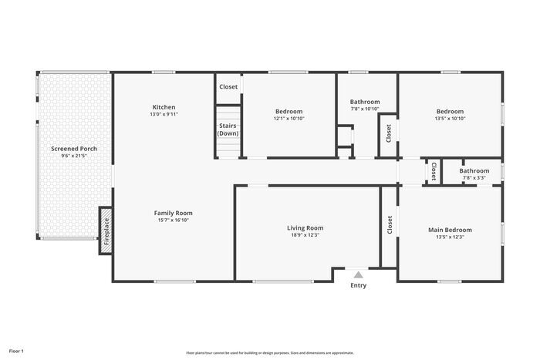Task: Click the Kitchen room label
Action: click(x=164, y=107)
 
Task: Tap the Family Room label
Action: click(x=173, y=213)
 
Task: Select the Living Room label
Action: click(x=305, y=227)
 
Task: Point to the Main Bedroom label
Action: click(x=450, y=230)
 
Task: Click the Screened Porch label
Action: click(x=74, y=148)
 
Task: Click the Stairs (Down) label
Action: click(x=228, y=130)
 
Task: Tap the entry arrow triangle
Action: click(x=358, y=274)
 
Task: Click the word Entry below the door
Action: click(x=359, y=286)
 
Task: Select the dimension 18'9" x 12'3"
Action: click(x=305, y=235)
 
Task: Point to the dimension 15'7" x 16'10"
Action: click(x=173, y=220)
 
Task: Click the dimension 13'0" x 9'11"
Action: click(x=164, y=114)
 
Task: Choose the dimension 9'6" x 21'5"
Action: click(x=74, y=156)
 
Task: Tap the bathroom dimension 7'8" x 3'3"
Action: click(x=474, y=178)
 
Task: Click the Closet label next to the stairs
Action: click(x=228, y=87)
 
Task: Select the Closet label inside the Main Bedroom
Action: click(x=390, y=224)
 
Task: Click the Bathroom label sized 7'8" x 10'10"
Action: click(x=365, y=102)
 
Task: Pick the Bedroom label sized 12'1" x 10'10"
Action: click(x=289, y=112)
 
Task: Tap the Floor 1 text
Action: click(x=16, y=352)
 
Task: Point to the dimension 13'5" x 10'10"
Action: click(x=450, y=119)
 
